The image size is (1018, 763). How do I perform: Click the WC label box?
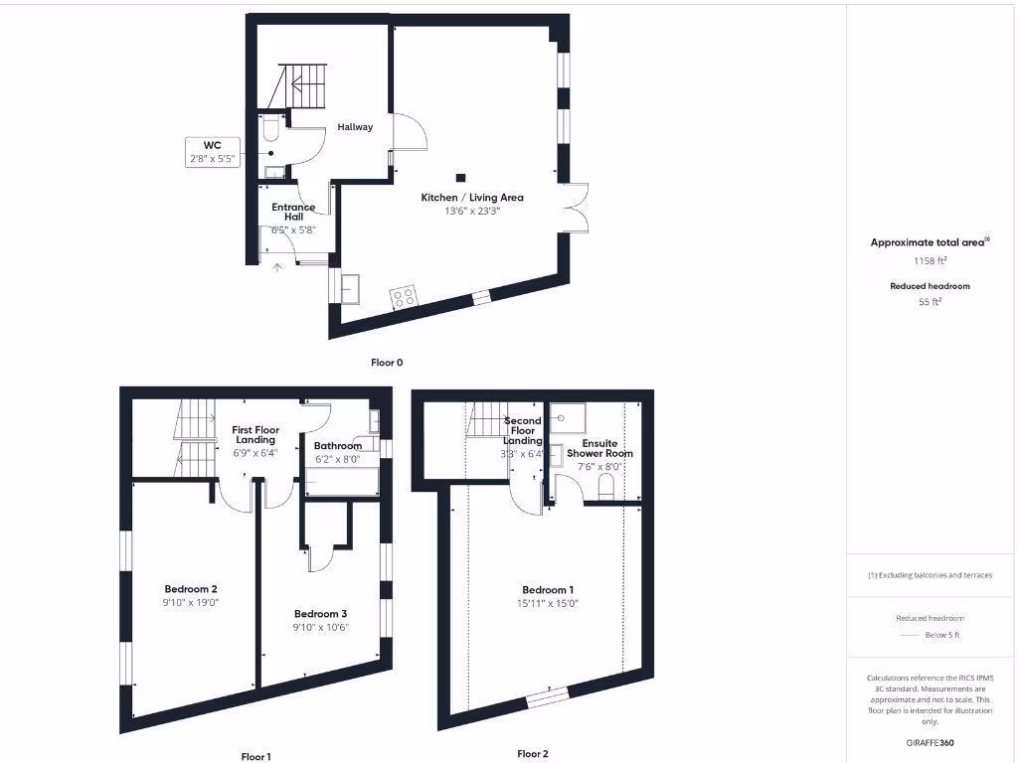point(213,151)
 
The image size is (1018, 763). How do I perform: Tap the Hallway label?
point(355,127)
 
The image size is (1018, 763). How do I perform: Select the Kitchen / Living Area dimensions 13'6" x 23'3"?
point(471,211)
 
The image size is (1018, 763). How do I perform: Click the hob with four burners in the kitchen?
point(403,296)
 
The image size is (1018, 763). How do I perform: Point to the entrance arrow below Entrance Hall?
point(277,265)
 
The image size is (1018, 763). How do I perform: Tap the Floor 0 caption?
point(387,363)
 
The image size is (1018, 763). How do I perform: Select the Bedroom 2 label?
point(190,589)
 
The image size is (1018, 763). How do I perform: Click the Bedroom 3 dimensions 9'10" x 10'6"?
point(321,627)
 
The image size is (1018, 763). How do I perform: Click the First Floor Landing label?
point(255,435)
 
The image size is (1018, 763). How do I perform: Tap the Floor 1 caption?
point(255,756)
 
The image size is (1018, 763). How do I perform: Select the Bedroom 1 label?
point(547,590)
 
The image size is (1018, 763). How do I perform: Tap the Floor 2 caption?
point(532,754)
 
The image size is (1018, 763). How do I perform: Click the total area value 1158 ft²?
point(930,261)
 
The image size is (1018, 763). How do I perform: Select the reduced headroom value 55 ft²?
point(930,302)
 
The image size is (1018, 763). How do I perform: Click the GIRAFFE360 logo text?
point(930,742)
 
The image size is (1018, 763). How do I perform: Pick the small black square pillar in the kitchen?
point(459,178)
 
